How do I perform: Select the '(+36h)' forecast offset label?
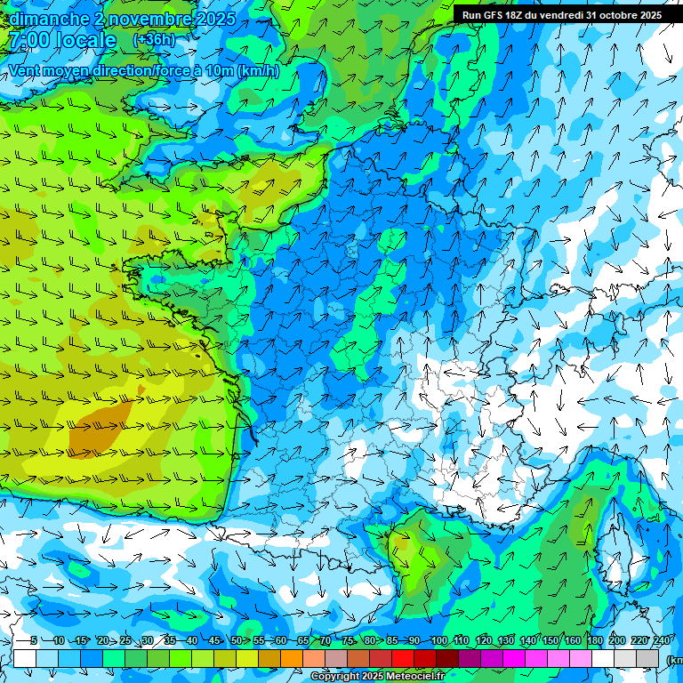point(154,40)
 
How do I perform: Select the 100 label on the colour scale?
point(438,641)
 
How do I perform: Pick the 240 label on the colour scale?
point(661,641)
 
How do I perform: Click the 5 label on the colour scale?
point(33,641)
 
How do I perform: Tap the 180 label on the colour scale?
point(594,641)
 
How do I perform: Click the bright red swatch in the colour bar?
point(403,658)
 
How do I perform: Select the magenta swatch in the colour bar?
point(514,658)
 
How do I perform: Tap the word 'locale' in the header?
point(85,41)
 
